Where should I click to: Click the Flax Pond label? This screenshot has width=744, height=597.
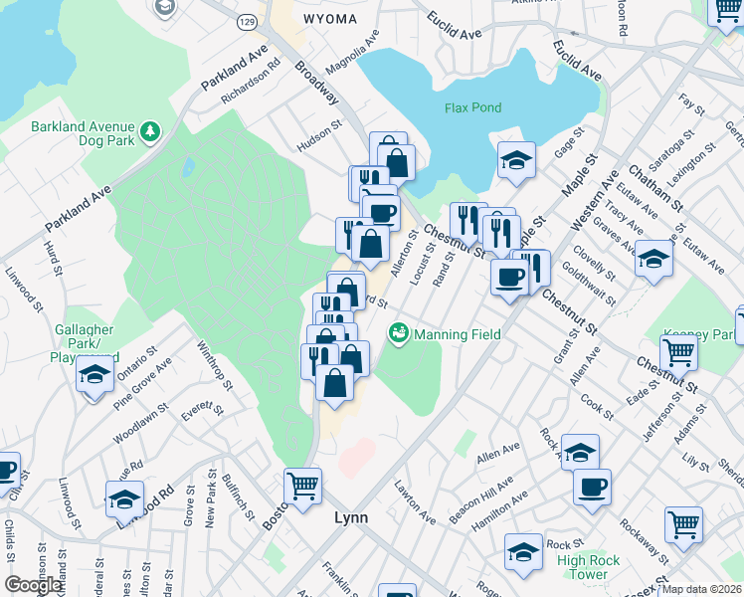[472, 106]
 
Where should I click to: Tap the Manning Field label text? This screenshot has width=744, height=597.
[457, 334]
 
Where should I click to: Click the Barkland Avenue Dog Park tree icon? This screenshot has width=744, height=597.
[150, 130]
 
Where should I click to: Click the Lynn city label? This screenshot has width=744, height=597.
[350, 517]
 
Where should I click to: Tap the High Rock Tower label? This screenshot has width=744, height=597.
[589, 567]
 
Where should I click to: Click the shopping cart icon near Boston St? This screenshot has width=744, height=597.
[302, 486]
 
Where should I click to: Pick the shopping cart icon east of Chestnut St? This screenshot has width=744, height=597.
[678, 350]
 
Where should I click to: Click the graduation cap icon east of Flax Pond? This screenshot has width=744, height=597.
[516, 159]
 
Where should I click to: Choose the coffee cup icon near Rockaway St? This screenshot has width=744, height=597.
[592, 487]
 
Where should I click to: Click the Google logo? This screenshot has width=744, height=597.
[33, 585]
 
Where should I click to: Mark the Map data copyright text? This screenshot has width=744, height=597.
[701, 589]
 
